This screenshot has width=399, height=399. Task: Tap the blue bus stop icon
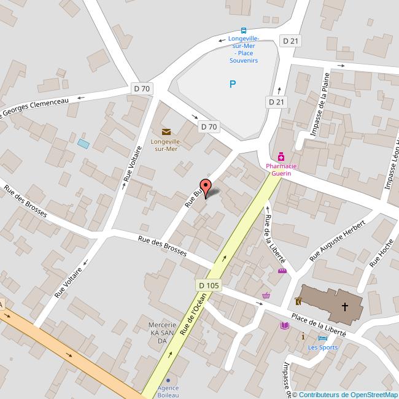(x=244, y=31)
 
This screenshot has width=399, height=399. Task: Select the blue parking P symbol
(x=232, y=84)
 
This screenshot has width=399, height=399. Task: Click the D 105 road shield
(x=209, y=285)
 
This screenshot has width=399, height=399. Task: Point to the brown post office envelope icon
(x=166, y=131)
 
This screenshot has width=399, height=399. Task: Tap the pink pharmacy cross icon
(x=281, y=157)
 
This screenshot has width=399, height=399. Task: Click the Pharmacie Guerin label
(x=281, y=169)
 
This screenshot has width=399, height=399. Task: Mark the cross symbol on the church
(x=345, y=306)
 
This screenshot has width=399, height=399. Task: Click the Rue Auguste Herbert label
(x=338, y=239)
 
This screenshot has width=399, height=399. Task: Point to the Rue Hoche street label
(x=381, y=254)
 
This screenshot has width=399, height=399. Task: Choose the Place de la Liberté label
(x=319, y=325)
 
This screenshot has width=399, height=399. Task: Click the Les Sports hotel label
(x=322, y=347)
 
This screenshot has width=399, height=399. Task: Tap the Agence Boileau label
(x=168, y=391)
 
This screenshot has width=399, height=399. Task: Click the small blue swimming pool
(x=83, y=144)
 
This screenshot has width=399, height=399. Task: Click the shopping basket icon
(x=266, y=295)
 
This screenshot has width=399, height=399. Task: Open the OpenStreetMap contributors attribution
(x=345, y=395)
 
